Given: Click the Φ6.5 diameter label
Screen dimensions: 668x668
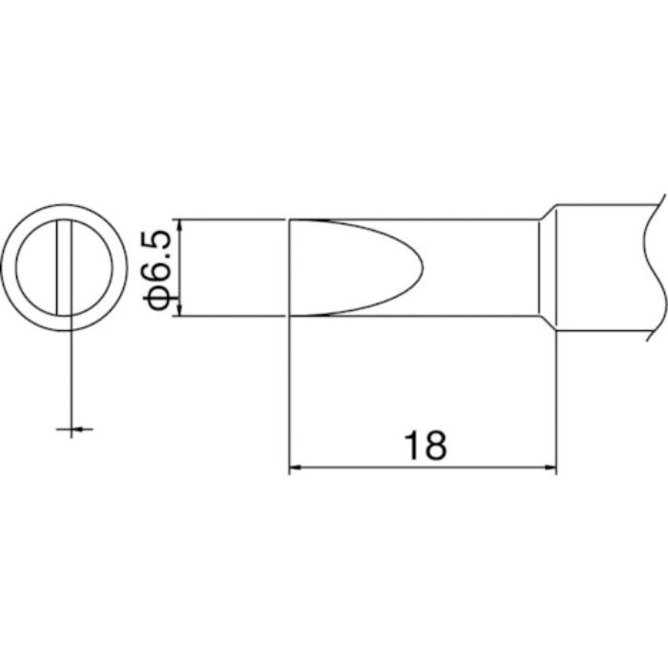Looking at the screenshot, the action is (157, 267).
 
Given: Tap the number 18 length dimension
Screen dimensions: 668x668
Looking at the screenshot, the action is (426, 446).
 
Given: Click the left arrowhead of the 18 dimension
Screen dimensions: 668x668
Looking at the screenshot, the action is (296, 468).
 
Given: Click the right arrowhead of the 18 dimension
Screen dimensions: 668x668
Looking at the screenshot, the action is (550, 468).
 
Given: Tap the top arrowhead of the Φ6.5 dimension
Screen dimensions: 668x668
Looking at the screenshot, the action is (179, 226).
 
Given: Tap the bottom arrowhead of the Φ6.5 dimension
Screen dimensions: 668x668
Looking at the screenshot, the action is (179, 310).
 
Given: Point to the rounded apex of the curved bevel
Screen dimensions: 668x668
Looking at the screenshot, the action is (422, 268).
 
